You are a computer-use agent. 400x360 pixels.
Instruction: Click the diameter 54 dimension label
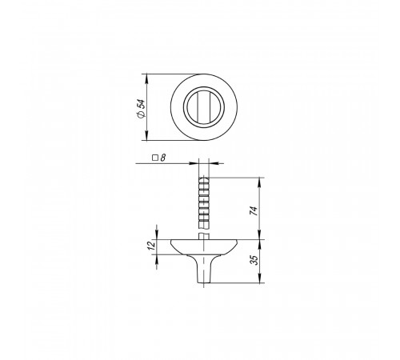141,109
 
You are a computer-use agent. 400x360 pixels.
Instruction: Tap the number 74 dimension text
254,210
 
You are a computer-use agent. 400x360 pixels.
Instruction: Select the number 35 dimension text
255,260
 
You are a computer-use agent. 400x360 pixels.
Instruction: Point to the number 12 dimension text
151,245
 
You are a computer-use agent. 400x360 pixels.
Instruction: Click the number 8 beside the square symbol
163,158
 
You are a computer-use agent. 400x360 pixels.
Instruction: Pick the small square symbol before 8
155,158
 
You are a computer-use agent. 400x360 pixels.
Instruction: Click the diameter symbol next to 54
141,114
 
